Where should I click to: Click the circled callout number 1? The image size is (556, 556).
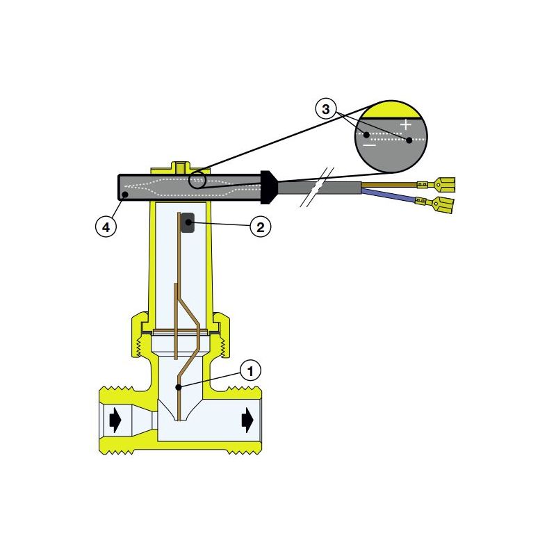click(x=251, y=370)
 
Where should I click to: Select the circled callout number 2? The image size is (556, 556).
click(x=260, y=227)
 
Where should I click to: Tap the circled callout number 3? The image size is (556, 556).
click(x=325, y=109)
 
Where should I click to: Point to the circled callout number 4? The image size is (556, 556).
click(x=106, y=227)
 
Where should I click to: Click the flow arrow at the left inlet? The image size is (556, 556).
click(x=115, y=420)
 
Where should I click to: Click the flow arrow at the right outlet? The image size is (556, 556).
click(x=247, y=420)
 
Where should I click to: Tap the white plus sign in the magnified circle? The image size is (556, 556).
click(x=406, y=125)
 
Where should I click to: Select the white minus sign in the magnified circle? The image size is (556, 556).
click(x=370, y=145)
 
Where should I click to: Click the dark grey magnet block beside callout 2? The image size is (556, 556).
click(x=188, y=222)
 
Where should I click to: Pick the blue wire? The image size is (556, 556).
click(x=389, y=196)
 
